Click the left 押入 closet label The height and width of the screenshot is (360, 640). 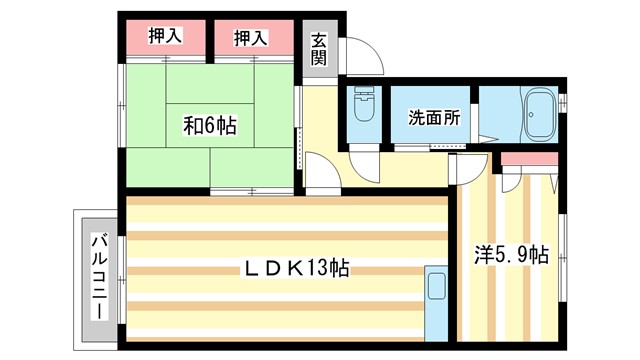(x=165, y=38)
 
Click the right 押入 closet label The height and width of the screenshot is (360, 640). (x=251, y=38)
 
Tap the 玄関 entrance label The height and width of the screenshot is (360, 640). (x=319, y=49)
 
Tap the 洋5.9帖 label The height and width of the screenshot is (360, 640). (x=511, y=255)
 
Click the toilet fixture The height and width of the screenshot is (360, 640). (x=363, y=106)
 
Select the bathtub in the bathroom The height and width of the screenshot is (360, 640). (x=540, y=116)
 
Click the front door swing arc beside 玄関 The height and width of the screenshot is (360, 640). (x=364, y=57)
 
